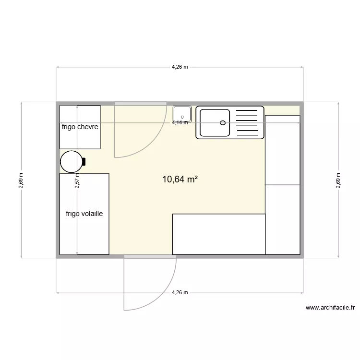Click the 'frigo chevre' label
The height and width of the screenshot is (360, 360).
pos(80,127)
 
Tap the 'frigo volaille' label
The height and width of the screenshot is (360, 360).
pos(84,214)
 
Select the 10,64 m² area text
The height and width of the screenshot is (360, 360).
pos(180,180)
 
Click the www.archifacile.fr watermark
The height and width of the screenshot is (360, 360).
pos(330,308)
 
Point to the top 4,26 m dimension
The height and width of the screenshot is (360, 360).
pos(180,67)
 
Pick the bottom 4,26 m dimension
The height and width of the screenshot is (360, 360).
pos(180,292)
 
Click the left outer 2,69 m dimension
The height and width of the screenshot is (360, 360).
pos(21,180)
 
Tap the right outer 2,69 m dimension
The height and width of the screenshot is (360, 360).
pos(338,180)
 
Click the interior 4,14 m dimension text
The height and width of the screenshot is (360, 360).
pos(180,122)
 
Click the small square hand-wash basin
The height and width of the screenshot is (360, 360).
pos(182,114)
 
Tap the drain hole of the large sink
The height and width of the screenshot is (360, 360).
pos(223,122)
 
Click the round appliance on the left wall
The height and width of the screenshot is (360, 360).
pos(71,161)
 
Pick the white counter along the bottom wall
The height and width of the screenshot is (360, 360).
pos(218,234)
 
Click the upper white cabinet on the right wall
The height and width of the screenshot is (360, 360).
pos(283,150)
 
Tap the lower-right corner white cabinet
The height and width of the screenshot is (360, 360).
pos(283,219)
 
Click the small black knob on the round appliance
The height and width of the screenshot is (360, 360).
pos(84,162)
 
